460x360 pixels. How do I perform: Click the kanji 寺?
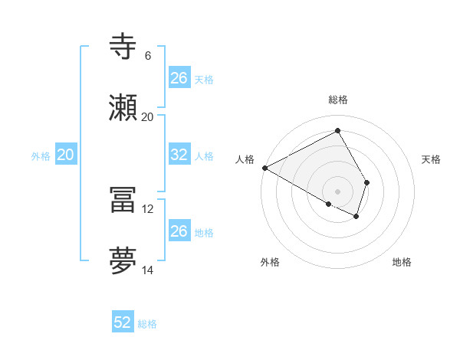point(123,47)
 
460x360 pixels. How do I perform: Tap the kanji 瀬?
point(123,109)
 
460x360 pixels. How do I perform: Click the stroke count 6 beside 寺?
point(147,56)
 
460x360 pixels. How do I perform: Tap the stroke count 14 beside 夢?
point(148,270)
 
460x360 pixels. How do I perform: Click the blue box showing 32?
point(179,155)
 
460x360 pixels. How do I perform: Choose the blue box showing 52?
point(123,322)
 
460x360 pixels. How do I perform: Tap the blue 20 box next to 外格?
point(65,155)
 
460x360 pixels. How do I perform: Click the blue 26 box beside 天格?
point(179,78)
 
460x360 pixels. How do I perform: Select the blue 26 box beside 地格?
point(179,231)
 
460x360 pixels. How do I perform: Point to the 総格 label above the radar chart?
point(338,100)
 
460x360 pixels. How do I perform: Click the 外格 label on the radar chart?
point(270,262)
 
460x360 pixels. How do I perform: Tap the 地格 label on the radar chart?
point(402,262)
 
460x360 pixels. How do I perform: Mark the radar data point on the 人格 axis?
point(264,168)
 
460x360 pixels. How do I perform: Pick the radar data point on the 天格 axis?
point(367,182)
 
